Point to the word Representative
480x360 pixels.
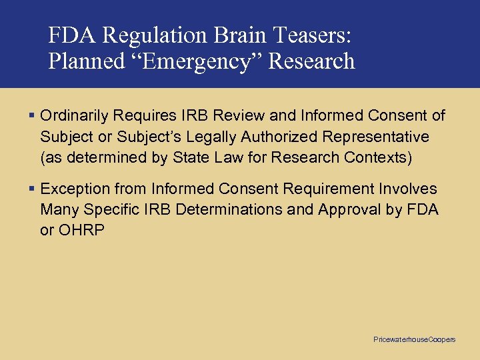[376, 137]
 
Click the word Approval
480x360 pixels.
[347, 210]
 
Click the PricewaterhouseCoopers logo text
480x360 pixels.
[414, 340]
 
